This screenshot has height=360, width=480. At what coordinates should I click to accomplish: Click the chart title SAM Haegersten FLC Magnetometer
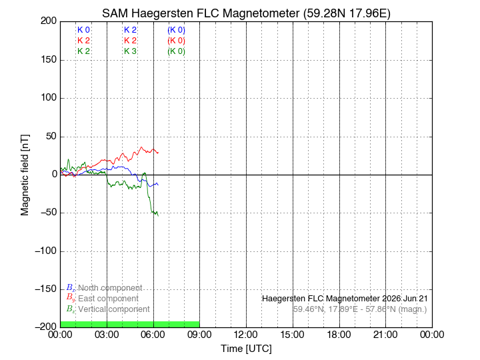(x=201, y=13)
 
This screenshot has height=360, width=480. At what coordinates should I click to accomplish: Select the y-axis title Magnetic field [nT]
(x=25, y=175)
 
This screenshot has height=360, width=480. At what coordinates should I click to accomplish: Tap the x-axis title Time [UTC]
(x=247, y=349)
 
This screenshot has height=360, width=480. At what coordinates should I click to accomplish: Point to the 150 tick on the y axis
(x=49, y=59)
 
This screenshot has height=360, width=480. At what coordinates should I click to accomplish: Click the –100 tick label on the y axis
(x=46, y=251)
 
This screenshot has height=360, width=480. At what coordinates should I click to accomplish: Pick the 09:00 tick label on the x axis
(x=199, y=335)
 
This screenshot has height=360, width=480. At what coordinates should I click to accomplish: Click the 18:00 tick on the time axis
(x=339, y=335)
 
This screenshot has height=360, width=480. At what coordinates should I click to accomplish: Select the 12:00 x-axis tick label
(x=246, y=335)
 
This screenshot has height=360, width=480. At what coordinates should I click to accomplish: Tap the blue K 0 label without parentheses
(x=83, y=30)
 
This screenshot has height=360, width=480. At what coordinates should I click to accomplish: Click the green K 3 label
(x=130, y=51)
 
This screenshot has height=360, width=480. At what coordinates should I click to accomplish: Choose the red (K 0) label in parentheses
(x=176, y=41)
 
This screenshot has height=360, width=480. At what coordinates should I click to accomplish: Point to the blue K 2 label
(x=130, y=30)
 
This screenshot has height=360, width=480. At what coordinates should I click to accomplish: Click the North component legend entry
(x=105, y=288)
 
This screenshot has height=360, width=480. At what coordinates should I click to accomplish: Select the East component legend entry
(x=103, y=299)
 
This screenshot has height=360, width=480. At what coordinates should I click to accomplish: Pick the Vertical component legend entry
(x=108, y=309)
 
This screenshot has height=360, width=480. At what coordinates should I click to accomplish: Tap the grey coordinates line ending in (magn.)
(x=360, y=309)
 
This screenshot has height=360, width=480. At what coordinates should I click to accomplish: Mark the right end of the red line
(x=158, y=153)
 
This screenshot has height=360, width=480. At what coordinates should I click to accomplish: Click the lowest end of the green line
(x=158, y=216)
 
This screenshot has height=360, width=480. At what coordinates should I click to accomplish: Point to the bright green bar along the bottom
(x=130, y=325)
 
